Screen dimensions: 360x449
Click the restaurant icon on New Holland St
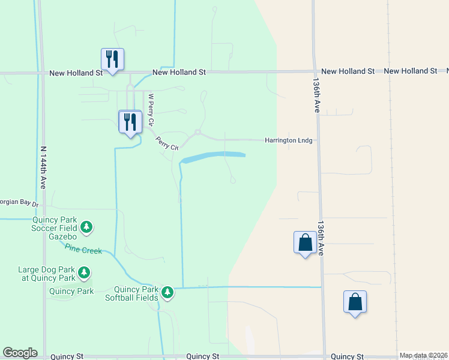click(112, 60)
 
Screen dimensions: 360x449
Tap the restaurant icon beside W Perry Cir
click(130, 122)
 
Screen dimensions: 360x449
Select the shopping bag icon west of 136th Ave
click(305, 243)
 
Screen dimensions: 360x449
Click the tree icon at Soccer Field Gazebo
click(87, 227)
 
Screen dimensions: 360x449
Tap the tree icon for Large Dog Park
click(84, 274)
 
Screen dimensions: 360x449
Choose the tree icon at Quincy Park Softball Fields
click(167, 293)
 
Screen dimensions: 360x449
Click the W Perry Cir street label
click(151, 108)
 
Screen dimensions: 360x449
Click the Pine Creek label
click(83, 249)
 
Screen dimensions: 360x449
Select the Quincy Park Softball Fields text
click(131, 293)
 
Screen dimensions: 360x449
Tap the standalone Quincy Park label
click(71, 292)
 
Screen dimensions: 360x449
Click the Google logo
click(20, 353)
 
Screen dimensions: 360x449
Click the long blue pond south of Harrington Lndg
click(214, 157)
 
